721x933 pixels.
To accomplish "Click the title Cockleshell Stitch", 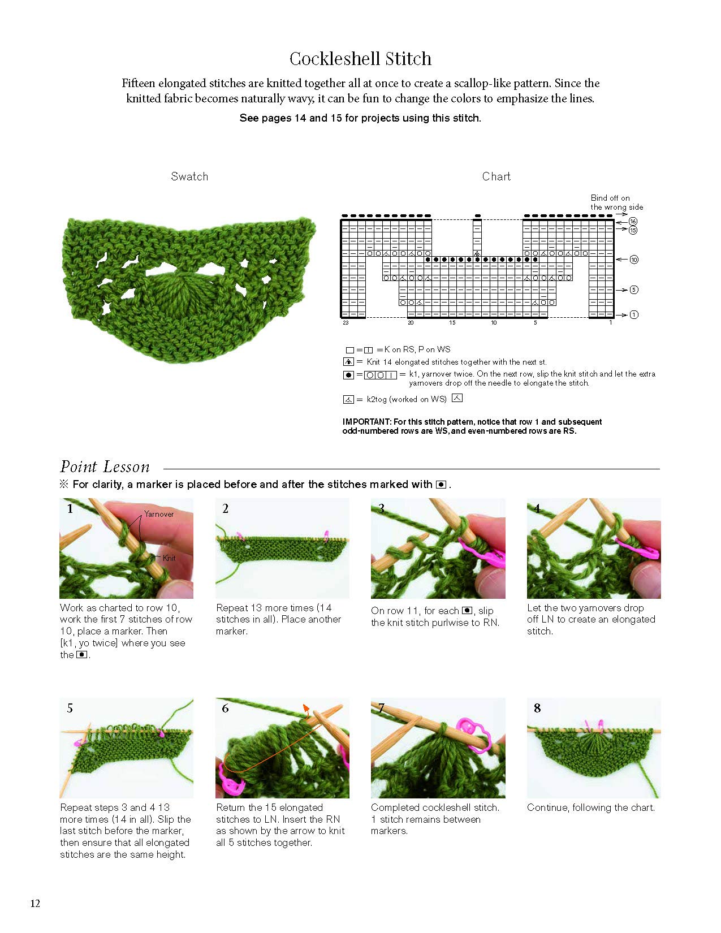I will pyautogui.click(x=360, y=59).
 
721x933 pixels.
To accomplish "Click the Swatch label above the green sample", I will pyautogui.click(x=189, y=176).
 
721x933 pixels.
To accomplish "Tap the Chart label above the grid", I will pyautogui.click(x=496, y=176).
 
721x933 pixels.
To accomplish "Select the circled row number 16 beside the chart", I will pyautogui.click(x=633, y=221).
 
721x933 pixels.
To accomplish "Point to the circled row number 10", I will pyautogui.click(x=634, y=260).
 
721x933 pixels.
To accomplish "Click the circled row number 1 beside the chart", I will pyautogui.click(x=634, y=314).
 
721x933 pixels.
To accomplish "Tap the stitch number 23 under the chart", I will pyautogui.click(x=346, y=323).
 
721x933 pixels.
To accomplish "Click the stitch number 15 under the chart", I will pyautogui.click(x=452, y=323).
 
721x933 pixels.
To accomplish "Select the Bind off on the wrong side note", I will pyautogui.click(x=616, y=202).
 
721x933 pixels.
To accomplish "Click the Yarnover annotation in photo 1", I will pyautogui.click(x=159, y=514).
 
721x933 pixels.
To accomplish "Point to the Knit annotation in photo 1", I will pyautogui.click(x=169, y=558).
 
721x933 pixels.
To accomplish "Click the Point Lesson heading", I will pyautogui.click(x=105, y=467).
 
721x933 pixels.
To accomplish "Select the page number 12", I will pyautogui.click(x=35, y=903).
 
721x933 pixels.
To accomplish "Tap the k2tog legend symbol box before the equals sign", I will pyautogui.click(x=348, y=399).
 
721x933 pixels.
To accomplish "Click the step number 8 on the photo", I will pyautogui.click(x=537, y=708).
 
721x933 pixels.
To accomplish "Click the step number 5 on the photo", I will pyautogui.click(x=70, y=708).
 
